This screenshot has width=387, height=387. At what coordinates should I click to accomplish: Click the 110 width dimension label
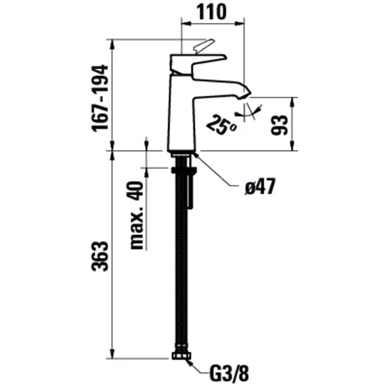211,12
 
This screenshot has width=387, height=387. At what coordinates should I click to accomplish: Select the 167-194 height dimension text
101,98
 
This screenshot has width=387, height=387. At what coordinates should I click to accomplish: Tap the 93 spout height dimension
279,125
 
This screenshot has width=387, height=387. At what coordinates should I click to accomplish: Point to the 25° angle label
221,125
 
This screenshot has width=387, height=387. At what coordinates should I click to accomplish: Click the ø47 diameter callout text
260,187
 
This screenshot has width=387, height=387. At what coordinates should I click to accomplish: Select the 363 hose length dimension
100,256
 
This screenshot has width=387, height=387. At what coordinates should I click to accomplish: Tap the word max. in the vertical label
137,228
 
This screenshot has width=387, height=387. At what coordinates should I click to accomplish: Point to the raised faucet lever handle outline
204,46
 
